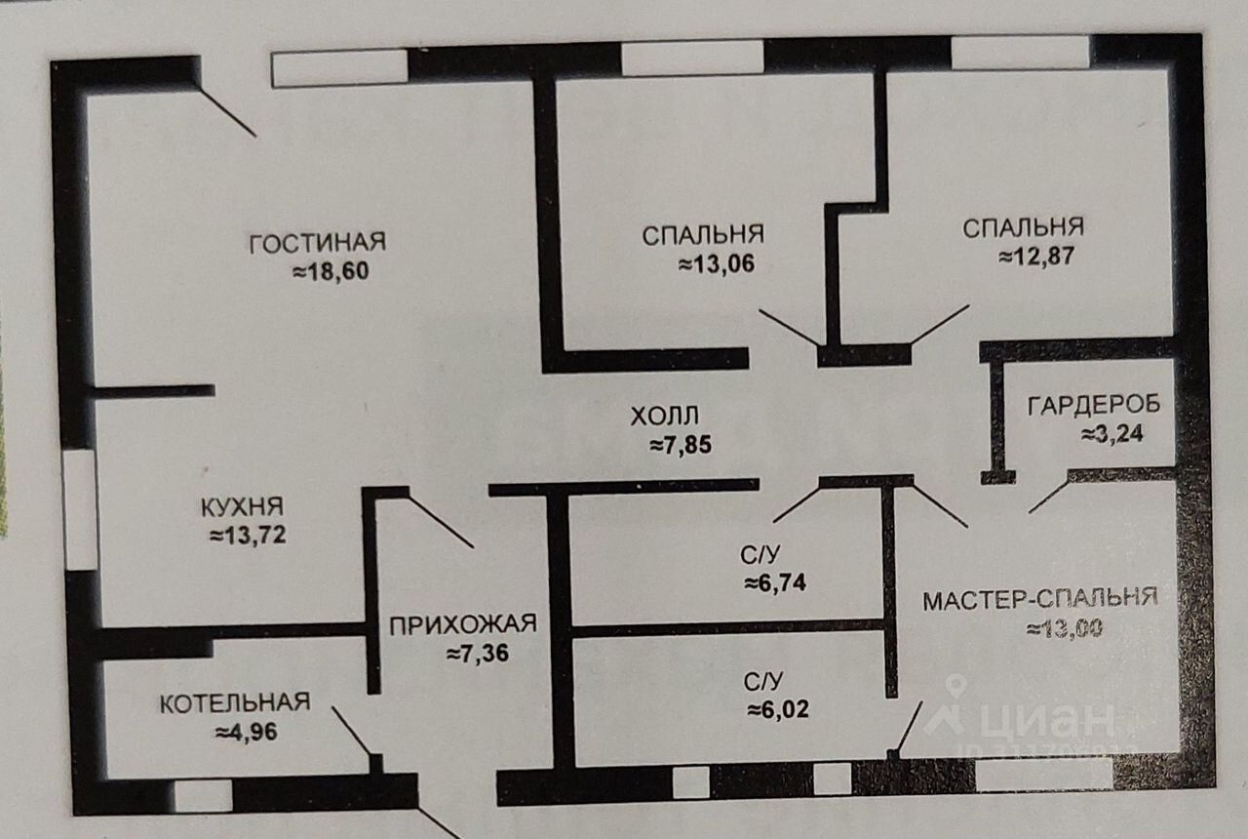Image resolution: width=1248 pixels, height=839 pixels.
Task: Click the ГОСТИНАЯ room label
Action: [318, 242]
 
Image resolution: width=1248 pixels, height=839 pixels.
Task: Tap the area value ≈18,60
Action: [331, 272]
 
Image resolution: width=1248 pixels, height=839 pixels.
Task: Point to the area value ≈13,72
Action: [248, 535]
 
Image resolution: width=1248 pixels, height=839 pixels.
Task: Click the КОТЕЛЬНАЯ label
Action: [235, 702]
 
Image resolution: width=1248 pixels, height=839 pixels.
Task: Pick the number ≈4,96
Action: [247, 731]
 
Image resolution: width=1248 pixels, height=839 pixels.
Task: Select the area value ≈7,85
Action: [682, 446]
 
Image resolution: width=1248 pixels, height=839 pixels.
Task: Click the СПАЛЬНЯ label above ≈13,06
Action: [702, 235]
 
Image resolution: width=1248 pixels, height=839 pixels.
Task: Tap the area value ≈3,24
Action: [1112, 434]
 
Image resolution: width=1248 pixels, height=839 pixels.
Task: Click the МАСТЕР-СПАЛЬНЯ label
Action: [1040, 598]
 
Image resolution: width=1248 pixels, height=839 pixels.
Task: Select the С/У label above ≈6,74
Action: [760, 557]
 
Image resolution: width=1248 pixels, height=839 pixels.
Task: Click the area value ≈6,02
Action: [778, 710]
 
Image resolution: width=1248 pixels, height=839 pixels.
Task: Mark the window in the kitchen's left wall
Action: [80, 509]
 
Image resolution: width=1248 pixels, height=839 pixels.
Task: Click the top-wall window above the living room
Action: [338, 67]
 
